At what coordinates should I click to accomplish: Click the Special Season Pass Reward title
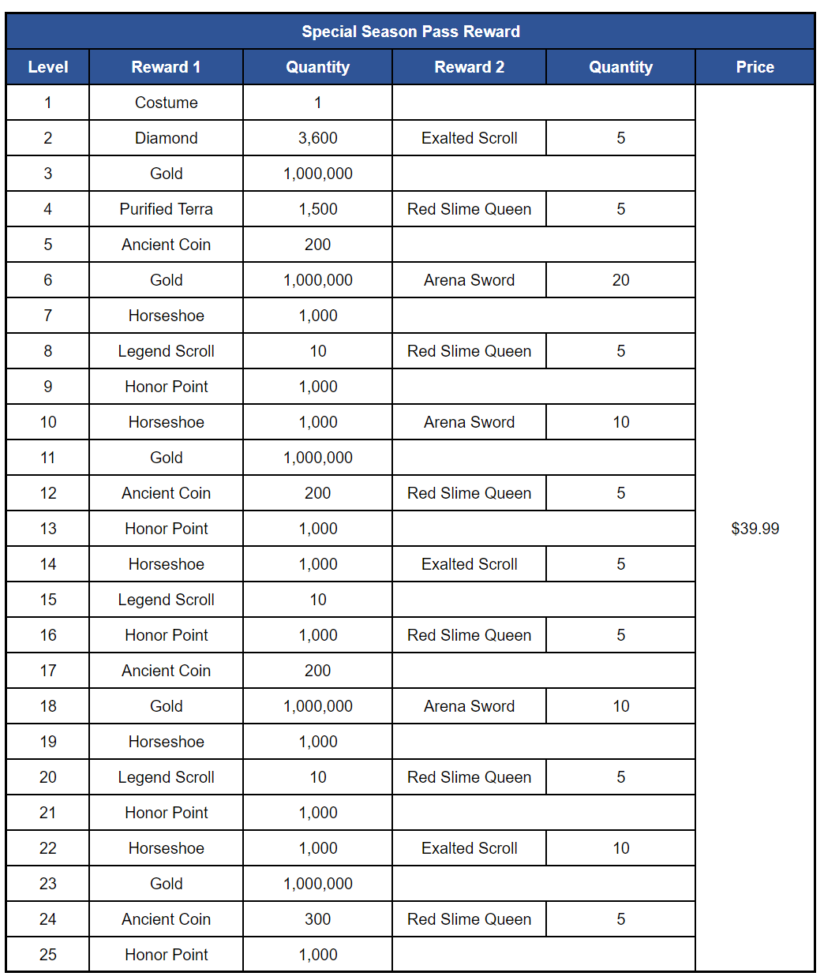click(x=410, y=32)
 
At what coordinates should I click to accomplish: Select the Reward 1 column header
click(x=166, y=67)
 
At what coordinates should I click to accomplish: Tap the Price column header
click(x=755, y=67)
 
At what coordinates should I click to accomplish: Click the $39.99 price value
click(x=755, y=529)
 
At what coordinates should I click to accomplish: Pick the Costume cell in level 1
click(x=166, y=103)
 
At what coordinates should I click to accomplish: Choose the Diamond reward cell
click(x=166, y=138)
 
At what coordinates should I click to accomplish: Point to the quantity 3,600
click(x=317, y=138)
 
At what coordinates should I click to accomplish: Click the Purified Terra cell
click(x=166, y=209)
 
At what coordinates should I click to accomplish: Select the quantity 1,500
click(x=317, y=209)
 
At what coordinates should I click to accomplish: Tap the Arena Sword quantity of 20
click(x=620, y=280)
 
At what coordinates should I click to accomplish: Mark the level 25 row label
click(x=47, y=955)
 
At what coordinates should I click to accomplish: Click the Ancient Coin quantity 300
click(x=317, y=919)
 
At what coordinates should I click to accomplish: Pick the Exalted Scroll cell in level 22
click(x=469, y=848)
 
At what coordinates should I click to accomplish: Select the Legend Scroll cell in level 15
click(x=166, y=600)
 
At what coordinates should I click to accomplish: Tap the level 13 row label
click(x=47, y=529)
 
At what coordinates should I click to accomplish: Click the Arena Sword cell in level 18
click(x=469, y=706)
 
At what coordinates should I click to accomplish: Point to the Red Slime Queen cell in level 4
click(x=469, y=209)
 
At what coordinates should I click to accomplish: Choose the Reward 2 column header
click(x=469, y=67)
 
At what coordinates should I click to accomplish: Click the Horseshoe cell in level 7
click(x=166, y=316)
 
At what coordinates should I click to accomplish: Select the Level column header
click(x=47, y=67)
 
